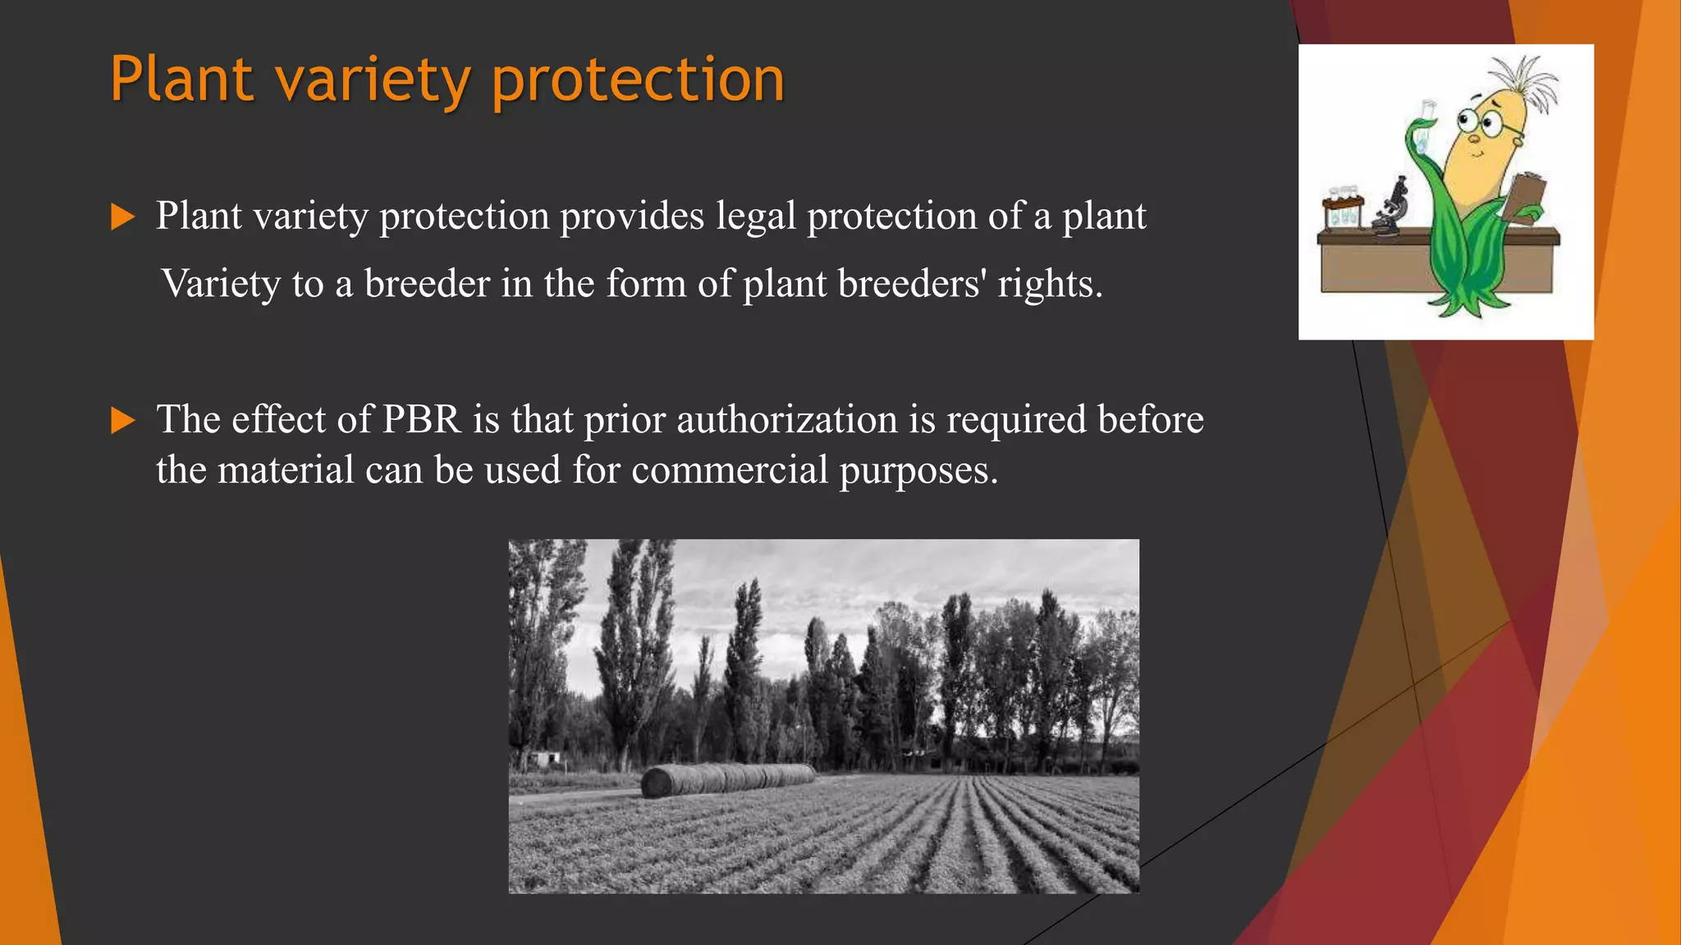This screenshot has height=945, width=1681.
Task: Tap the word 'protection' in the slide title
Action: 638,80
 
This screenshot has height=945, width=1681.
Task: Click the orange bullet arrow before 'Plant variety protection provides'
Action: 122,217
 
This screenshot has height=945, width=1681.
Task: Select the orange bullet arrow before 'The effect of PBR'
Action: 122,421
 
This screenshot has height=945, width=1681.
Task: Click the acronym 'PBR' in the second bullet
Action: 422,419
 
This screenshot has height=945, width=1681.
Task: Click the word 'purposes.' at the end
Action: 918,472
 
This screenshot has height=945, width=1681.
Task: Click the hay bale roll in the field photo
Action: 726,779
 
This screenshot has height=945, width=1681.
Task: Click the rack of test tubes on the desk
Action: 1343,210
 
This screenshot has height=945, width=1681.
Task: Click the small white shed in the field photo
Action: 545,759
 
